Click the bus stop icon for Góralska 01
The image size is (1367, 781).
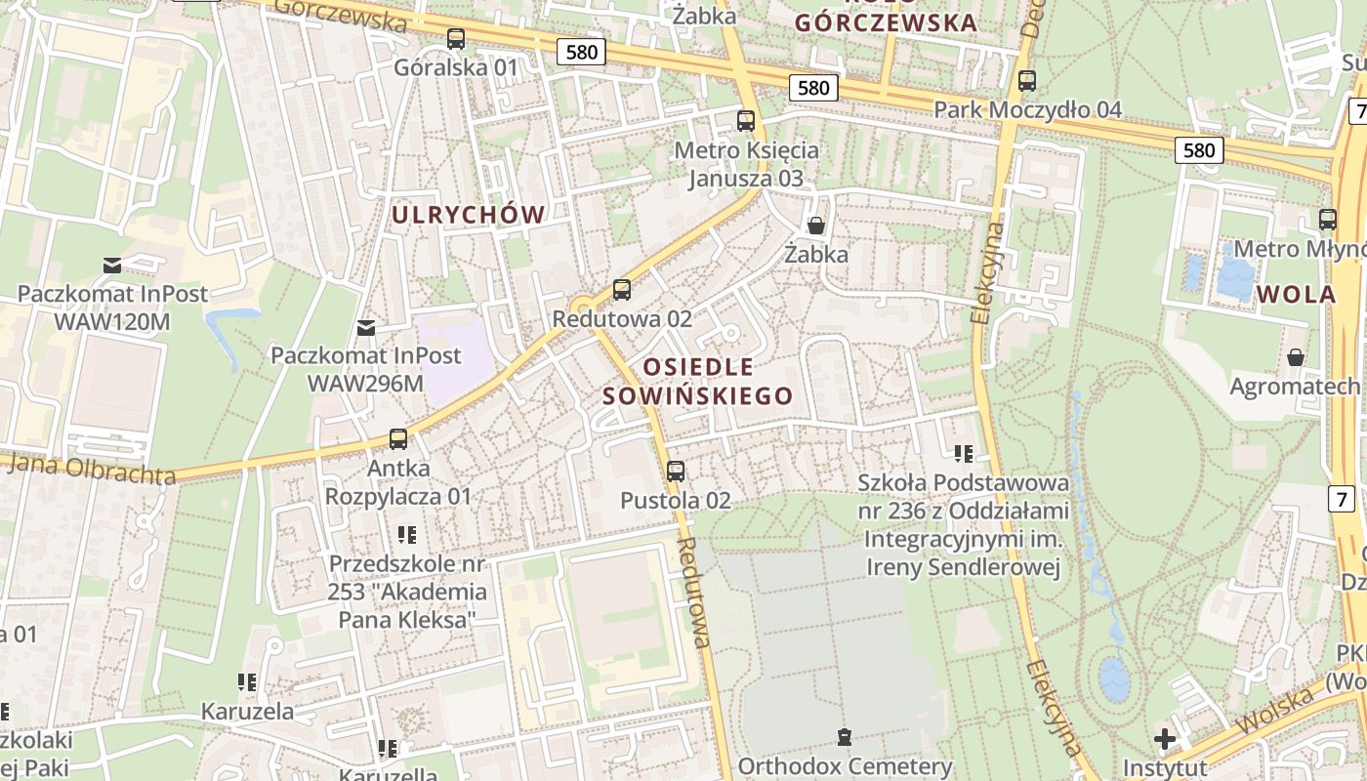pyautogui.click(x=456, y=39)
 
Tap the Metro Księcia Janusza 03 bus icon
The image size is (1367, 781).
pyautogui.click(x=746, y=121)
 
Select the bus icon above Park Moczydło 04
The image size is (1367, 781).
pyautogui.click(x=1026, y=81)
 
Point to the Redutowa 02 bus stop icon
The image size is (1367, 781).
pyautogui.click(x=622, y=290)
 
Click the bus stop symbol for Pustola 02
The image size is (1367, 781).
pyautogui.click(x=675, y=472)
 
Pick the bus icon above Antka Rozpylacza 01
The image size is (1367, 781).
pyautogui.click(x=398, y=439)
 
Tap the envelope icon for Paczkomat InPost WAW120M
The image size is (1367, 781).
pyautogui.click(x=112, y=265)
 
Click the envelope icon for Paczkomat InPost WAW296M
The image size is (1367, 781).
pyautogui.click(x=366, y=327)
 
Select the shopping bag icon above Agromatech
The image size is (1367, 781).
pyautogui.click(x=1295, y=357)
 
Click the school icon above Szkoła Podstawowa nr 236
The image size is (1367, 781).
pyautogui.click(x=964, y=453)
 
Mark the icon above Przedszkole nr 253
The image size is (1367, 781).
pyautogui.click(x=407, y=534)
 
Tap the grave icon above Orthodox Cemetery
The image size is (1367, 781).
pyautogui.click(x=845, y=737)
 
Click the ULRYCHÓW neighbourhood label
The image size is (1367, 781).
pyautogui.click(x=468, y=215)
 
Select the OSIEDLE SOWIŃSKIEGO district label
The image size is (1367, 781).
pyautogui.click(x=698, y=381)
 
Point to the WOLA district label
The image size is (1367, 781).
pyautogui.click(x=1296, y=295)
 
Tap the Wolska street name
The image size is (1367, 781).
pyautogui.click(x=1274, y=711)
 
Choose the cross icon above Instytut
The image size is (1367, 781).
pyautogui.click(x=1164, y=738)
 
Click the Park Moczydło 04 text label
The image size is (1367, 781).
pyautogui.click(x=1028, y=109)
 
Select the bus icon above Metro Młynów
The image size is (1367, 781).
pyautogui.click(x=1327, y=220)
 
